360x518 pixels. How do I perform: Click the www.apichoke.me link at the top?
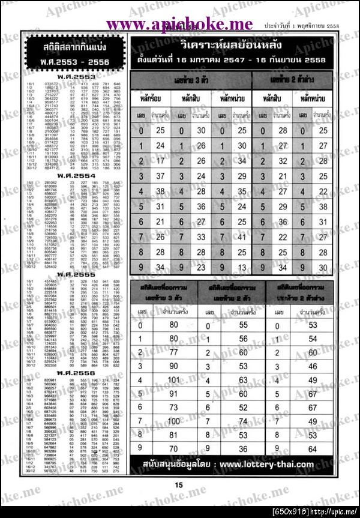(x=180, y=23)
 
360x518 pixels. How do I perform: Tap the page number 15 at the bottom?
(x=178, y=485)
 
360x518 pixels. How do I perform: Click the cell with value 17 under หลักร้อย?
(x=160, y=161)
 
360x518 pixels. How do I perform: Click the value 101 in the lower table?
(x=174, y=380)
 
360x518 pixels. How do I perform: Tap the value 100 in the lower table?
(x=174, y=421)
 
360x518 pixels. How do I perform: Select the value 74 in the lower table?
(x=243, y=421)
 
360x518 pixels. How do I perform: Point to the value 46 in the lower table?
(x=312, y=366)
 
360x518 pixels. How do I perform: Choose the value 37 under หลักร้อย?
(x=160, y=176)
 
